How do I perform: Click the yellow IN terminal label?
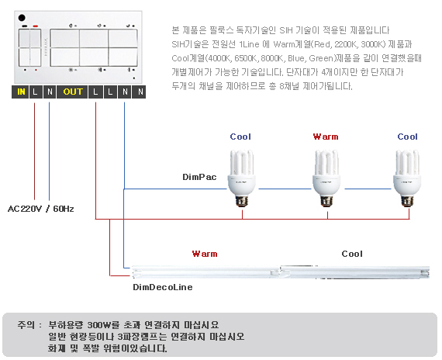pos(21,92)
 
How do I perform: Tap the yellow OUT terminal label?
pos(73,92)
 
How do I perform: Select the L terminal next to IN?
pos(35,92)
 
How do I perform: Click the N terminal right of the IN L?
pos(50,92)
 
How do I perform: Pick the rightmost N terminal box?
pos(140,92)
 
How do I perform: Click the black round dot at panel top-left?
pos(22,18)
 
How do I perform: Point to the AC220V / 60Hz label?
pos(41,209)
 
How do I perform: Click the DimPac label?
pos(199,177)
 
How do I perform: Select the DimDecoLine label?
pos(163,287)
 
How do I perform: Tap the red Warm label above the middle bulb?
pos(326,137)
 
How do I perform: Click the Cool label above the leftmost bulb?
pos(240,137)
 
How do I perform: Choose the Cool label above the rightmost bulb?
pos(407,137)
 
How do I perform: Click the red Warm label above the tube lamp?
pos(205,254)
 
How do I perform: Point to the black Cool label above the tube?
pos(352,254)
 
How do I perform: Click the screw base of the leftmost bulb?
pos(242,201)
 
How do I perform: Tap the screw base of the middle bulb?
pos(326,201)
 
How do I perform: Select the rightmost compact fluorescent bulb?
pos(407,178)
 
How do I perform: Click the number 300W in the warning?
pos(99,325)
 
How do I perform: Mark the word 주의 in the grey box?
pos(26,325)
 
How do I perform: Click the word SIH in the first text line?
pos(286,30)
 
